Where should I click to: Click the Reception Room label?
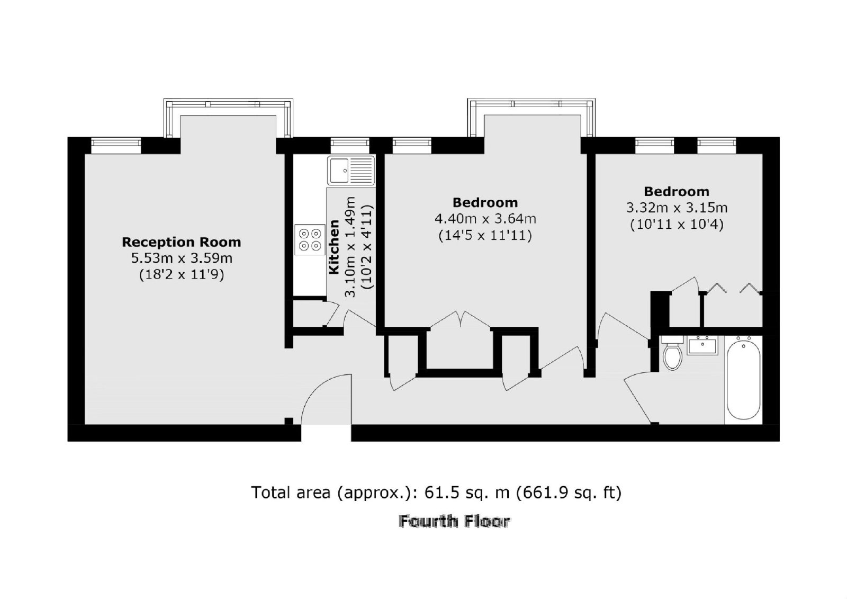pos(181,242)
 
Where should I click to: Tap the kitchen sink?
pos(351,171)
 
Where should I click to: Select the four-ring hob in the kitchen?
pos(310,240)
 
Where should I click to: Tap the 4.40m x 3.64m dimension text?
pos(485,219)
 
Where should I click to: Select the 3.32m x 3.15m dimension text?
pos(677,208)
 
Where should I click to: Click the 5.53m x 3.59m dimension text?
pos(182,258)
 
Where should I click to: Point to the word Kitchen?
pos(334,247)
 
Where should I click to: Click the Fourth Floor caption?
pos(455,522)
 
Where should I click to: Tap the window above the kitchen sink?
pos(350,146)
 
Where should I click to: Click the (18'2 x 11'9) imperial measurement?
pos(182,275)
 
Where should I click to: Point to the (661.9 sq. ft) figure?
pos(569,493)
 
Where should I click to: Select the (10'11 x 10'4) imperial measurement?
pos(677,225)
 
